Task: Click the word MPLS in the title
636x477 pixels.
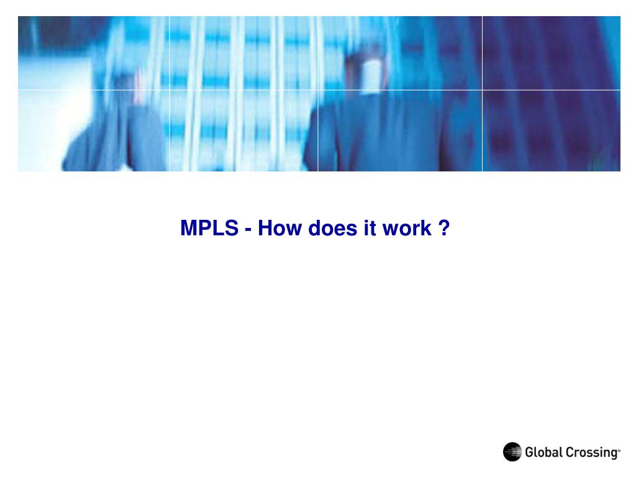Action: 209,229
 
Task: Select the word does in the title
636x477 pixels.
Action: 332,229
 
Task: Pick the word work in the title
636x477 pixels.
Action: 406,229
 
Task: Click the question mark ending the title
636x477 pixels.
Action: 443,229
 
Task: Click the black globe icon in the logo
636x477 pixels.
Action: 512,452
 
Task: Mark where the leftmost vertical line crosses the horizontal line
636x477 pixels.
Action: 169,90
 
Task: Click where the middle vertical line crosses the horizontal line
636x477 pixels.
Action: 318,90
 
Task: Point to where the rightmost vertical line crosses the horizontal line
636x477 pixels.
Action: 482,90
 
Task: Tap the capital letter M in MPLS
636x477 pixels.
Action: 188,229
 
